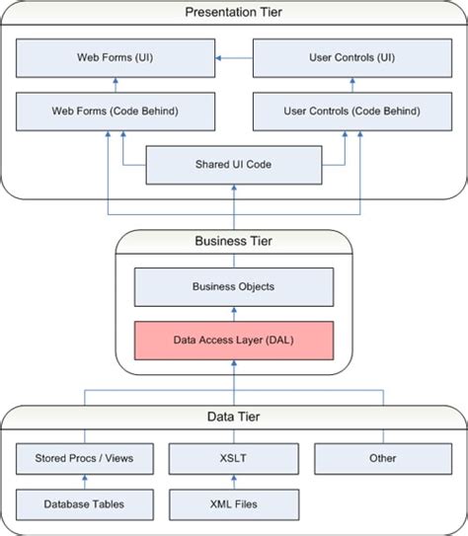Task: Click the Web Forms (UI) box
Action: point(115,57)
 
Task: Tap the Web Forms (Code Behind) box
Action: point(115,111)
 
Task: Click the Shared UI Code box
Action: point(233,164)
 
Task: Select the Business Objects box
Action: point(233,286)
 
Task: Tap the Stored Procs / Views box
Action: point(84,458)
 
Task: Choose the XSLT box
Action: point(233,458)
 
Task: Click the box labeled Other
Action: point(382,458)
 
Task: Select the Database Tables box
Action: point(84,504)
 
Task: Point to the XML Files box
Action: point(233,504)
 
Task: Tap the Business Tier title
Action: point(233,240)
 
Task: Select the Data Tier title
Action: point(233,417)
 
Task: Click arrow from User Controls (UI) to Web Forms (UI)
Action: point(234,57)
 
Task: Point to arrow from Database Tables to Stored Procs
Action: point(84,482)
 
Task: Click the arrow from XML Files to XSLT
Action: point(233,482)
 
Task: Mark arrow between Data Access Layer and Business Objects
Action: point(233,313)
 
